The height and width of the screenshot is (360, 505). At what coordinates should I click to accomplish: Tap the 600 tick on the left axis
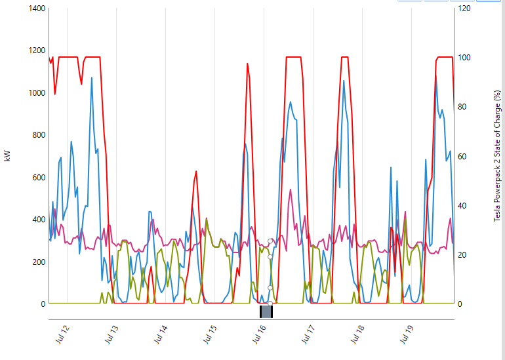(36, 178)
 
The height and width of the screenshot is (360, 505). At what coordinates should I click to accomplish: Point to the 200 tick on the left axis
(36, 262)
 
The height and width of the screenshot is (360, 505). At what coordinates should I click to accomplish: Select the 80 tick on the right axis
(464, 107)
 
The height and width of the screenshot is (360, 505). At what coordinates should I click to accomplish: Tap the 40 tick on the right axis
(464, 205)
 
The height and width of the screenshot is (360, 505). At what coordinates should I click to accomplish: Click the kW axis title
(7, 156)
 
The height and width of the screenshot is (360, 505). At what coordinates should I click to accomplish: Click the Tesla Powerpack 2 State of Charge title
(497, 156)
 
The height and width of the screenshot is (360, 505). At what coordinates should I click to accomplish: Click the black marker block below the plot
(266, 312)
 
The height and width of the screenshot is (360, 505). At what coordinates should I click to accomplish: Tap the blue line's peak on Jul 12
(92, 78)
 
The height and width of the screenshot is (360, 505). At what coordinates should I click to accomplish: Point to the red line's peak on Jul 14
(196, 171)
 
